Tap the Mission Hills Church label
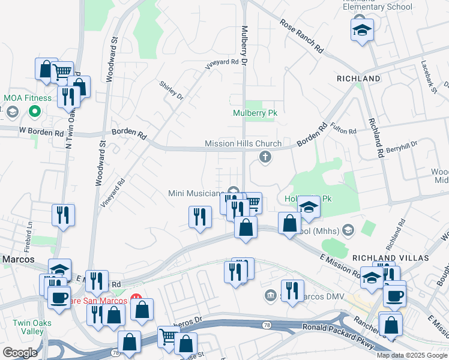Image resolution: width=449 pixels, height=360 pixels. click(243, 143)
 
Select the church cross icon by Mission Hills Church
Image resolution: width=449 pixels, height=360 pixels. click(264, 157)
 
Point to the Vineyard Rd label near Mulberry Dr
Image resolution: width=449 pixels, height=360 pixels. click(218, 62)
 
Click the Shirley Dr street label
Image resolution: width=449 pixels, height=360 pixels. click(171, 89)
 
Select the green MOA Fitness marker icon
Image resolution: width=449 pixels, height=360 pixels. click(35, 112)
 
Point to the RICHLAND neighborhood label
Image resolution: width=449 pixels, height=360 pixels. click(358, 79)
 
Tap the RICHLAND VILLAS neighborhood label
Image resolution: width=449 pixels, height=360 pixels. click(391, 257)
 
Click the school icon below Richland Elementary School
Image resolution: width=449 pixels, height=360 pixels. click(362, 30)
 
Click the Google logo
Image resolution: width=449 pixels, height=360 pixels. click(19, 353)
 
